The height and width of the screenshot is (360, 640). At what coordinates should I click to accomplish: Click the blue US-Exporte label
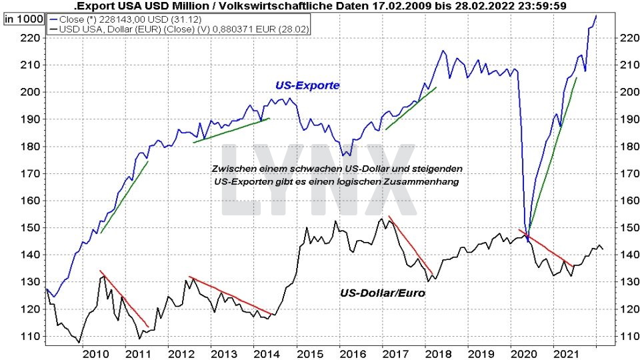click(x=307, y=85)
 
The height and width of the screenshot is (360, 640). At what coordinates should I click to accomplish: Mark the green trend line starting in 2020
click(x=552, y=155)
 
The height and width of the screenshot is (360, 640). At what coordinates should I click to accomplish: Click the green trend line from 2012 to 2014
click(x=231, y=131)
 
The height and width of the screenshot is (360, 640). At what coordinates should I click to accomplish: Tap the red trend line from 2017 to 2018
click(x=411, y=246)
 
